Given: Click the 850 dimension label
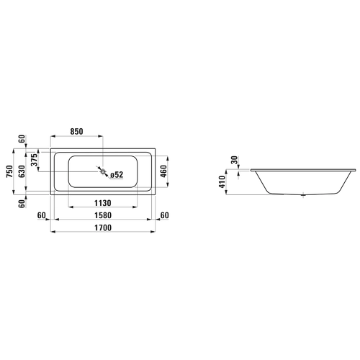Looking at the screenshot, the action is tap(76, 132).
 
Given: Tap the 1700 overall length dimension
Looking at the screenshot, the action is tap(103, 228).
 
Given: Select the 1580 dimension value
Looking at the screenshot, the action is tap(103, 215).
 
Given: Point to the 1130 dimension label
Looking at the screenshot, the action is tap(103, 203).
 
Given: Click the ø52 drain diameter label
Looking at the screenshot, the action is tap(117, 175).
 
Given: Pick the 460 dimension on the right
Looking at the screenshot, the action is tap(163, 171).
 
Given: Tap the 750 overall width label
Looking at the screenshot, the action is tap(10, 171).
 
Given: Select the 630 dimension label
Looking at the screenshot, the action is tap(22, 171).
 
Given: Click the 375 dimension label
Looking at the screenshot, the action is tap(35, 160).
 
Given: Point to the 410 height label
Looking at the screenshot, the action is tap(222, 181).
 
